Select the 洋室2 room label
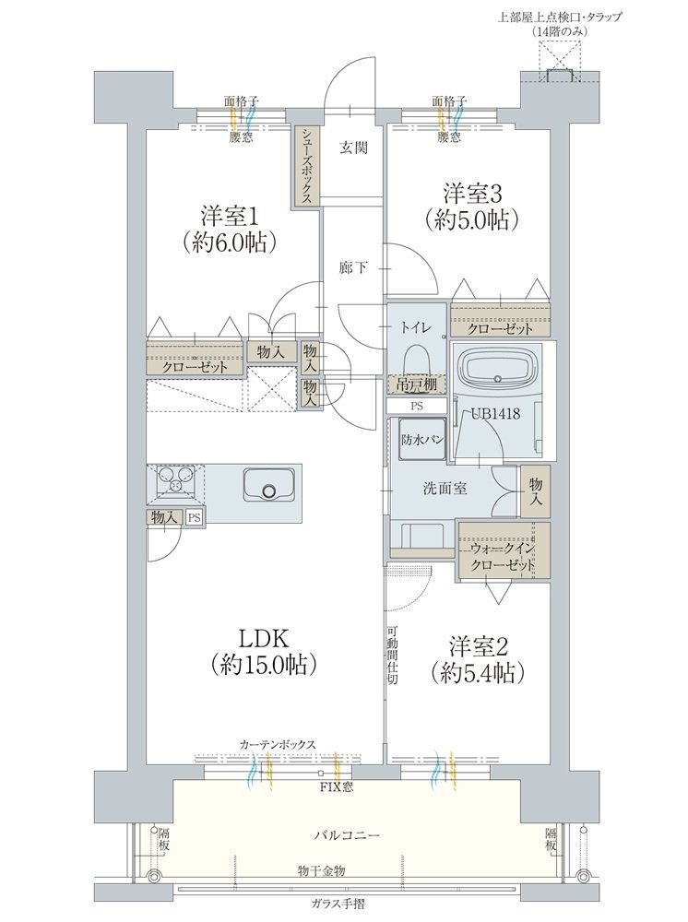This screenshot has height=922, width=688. (478, 644)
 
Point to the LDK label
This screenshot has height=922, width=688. (265, 638)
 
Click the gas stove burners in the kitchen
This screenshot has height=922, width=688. (175, 481)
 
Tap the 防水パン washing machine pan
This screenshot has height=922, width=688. (422, 440)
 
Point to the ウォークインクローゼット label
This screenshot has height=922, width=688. (503, 555)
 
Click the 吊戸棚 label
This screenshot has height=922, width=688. (417, 384)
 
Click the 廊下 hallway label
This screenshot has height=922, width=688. (352, 268)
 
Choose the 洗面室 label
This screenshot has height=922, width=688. (445, 489)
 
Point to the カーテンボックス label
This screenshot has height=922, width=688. (278, 742)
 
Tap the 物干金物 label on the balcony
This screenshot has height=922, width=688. (321, 869)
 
